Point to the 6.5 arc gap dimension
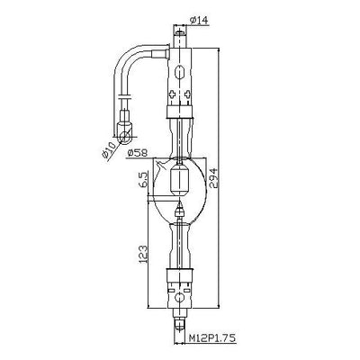[144, 178]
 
